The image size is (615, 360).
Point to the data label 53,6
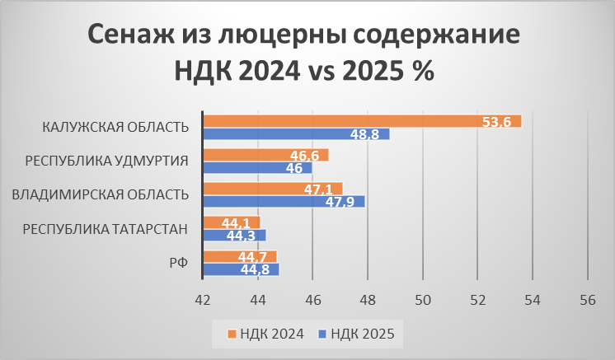pyautogui.click(x=496, y=122)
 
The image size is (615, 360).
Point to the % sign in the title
pyautogui.click(x=423, y=71)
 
